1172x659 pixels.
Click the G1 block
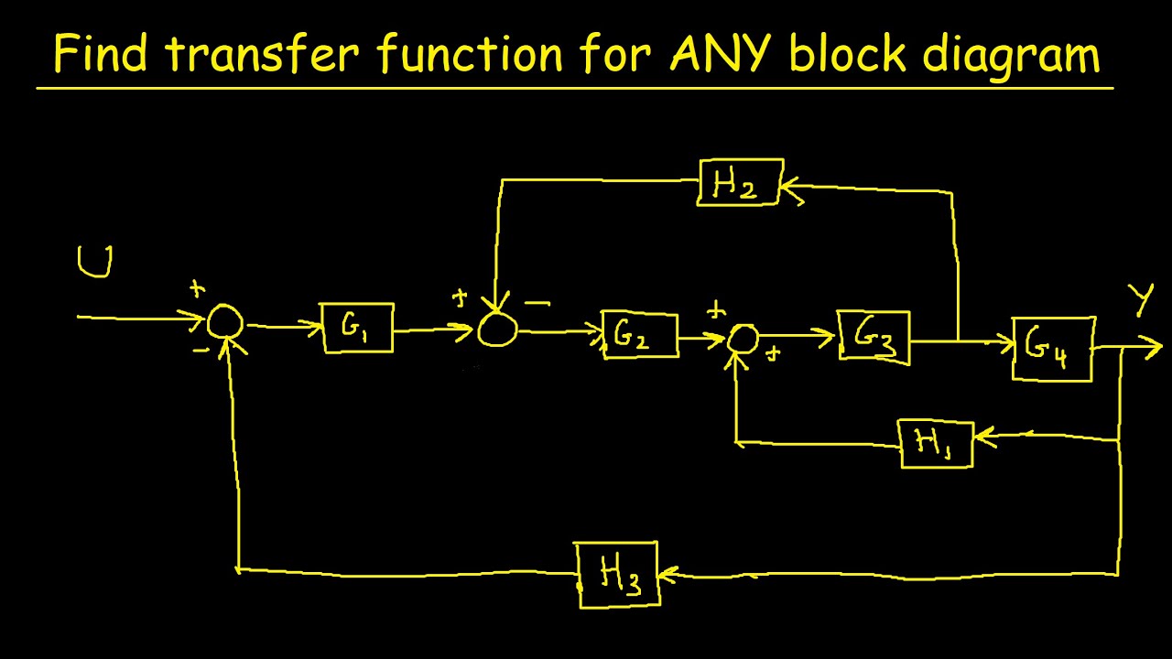357,328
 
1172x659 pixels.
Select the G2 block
639,336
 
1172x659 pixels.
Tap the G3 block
874,338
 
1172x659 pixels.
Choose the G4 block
1053,349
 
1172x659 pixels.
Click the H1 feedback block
936,444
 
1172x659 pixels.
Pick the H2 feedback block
740,182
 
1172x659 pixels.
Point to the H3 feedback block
617,574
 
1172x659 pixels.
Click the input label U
95,262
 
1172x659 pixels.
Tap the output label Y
1141,300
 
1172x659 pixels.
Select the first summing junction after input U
224,323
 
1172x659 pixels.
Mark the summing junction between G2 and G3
743,338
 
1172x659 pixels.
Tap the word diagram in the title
1010,55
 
